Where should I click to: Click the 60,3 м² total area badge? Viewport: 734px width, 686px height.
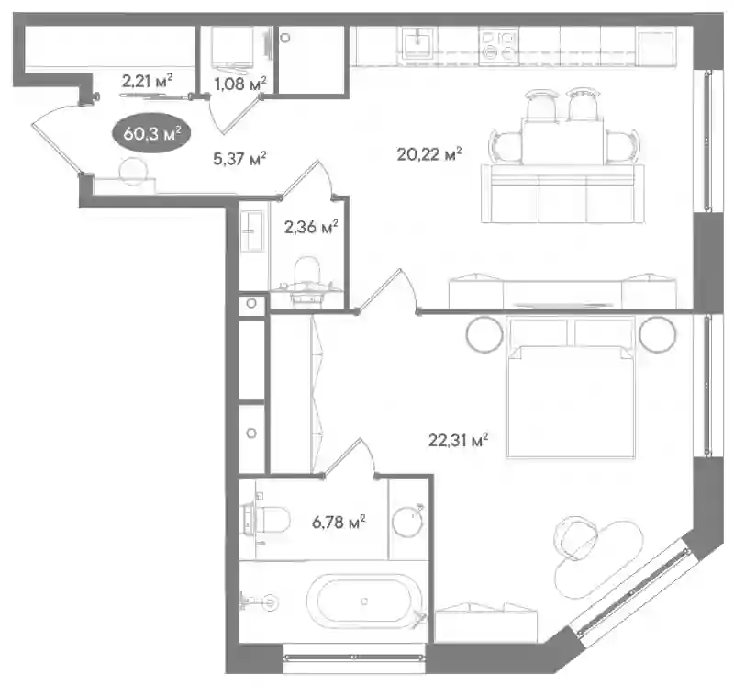151,133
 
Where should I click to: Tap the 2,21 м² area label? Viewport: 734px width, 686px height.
147,81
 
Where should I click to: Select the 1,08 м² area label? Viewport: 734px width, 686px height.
240,84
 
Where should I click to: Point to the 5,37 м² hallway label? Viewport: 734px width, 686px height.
239,158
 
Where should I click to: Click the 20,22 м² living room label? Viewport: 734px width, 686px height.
429,153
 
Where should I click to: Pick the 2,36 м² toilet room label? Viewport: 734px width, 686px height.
311,227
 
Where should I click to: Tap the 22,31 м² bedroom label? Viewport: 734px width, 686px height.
458,440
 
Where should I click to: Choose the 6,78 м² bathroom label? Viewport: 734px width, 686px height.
339,522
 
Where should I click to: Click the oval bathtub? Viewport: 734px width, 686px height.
363,602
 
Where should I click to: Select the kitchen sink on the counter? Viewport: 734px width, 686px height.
417,43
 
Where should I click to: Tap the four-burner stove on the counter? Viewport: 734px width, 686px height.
498,45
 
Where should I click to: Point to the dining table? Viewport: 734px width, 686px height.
562,141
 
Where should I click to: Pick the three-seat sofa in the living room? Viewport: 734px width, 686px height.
562,193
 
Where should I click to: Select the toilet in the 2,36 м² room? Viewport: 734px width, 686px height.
306,278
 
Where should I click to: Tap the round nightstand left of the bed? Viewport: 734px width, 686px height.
484,334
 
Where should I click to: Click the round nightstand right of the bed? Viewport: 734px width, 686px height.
658,334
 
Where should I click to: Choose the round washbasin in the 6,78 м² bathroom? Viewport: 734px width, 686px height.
407,521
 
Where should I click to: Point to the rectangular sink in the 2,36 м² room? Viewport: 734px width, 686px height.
253,231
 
